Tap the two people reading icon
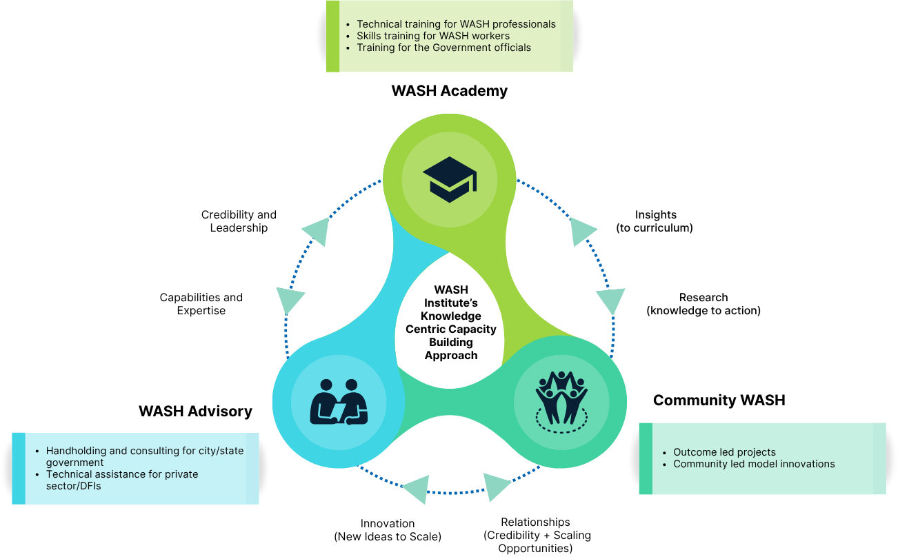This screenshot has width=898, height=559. (339, 402)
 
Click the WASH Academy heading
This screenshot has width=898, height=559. (449, 91)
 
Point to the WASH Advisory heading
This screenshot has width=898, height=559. (195, 411)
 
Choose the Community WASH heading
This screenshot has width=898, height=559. (719, 400)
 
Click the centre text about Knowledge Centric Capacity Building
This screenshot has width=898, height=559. (451, 323)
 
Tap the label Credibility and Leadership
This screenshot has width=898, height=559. (239, 221)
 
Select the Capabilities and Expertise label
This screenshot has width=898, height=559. (201, 304)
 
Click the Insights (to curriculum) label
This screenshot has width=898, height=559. (655, 221)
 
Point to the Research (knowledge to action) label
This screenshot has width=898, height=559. (703, 304)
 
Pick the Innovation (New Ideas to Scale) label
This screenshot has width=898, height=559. (388, 530)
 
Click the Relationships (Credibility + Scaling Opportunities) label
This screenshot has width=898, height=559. (536, 536)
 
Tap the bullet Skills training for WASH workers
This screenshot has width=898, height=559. (432, 36)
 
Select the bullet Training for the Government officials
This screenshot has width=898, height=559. (443, 48)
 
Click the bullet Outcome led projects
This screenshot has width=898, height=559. (724, 452)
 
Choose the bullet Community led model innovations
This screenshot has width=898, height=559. (754, 464)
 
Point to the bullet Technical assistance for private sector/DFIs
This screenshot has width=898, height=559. (122, 480)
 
